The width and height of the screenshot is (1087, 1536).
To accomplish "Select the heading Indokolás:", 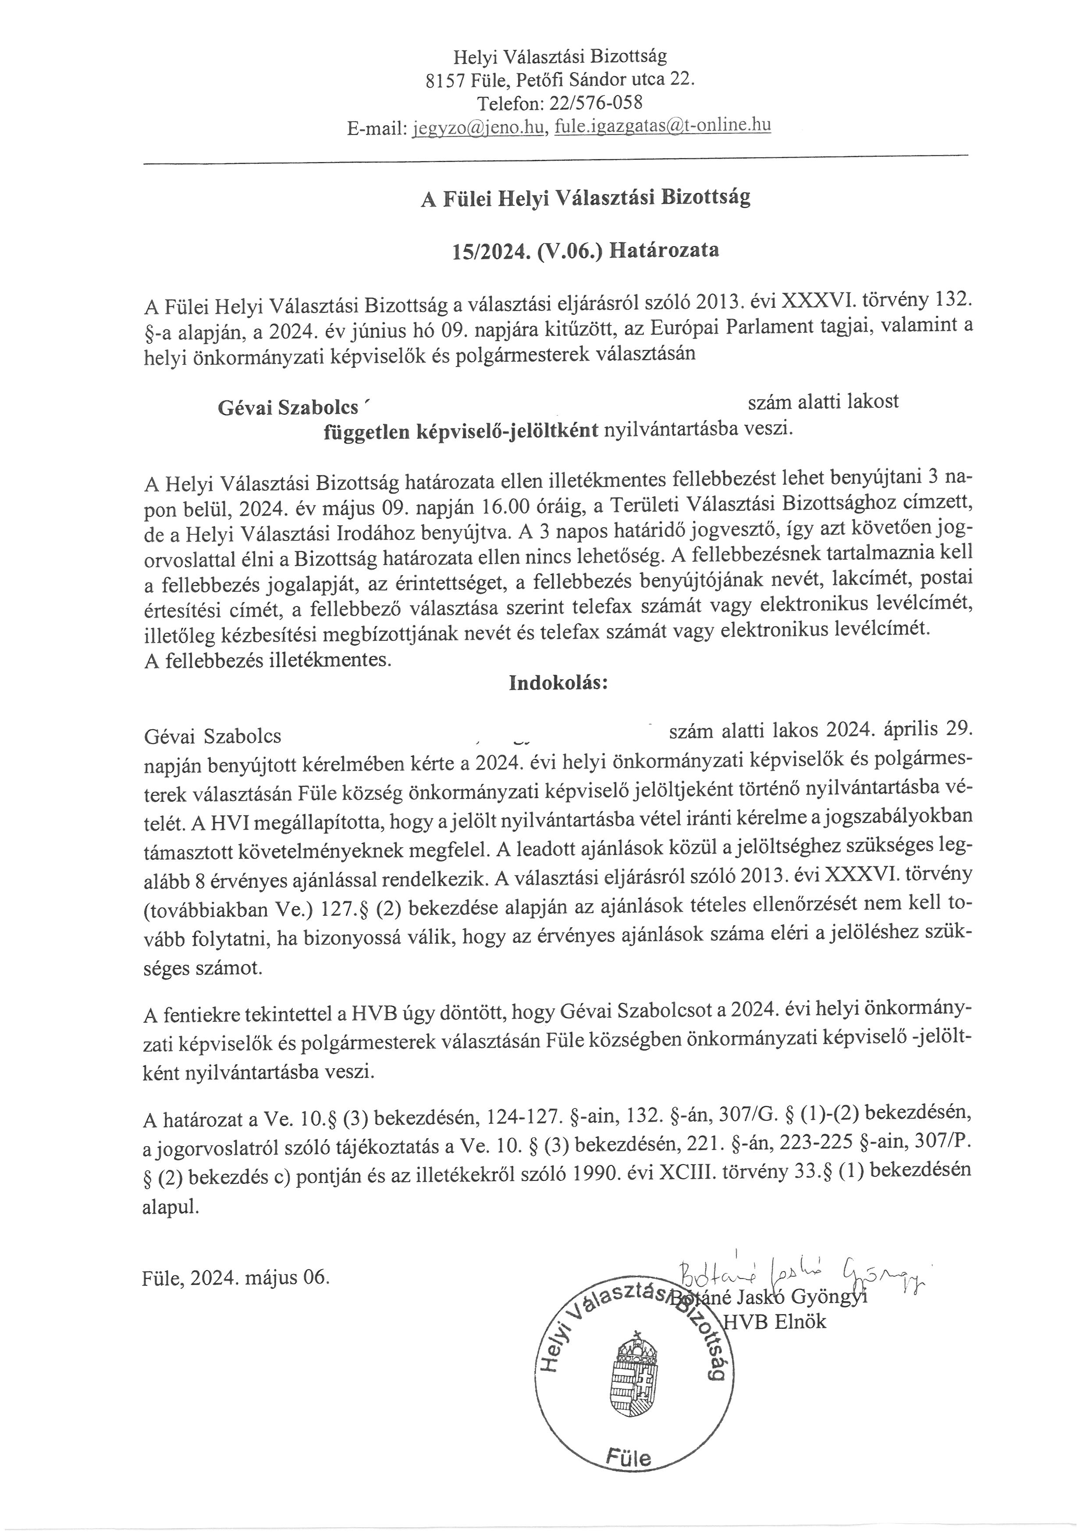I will point(558,683).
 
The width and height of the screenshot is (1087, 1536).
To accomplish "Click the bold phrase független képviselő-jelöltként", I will point(461,431).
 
